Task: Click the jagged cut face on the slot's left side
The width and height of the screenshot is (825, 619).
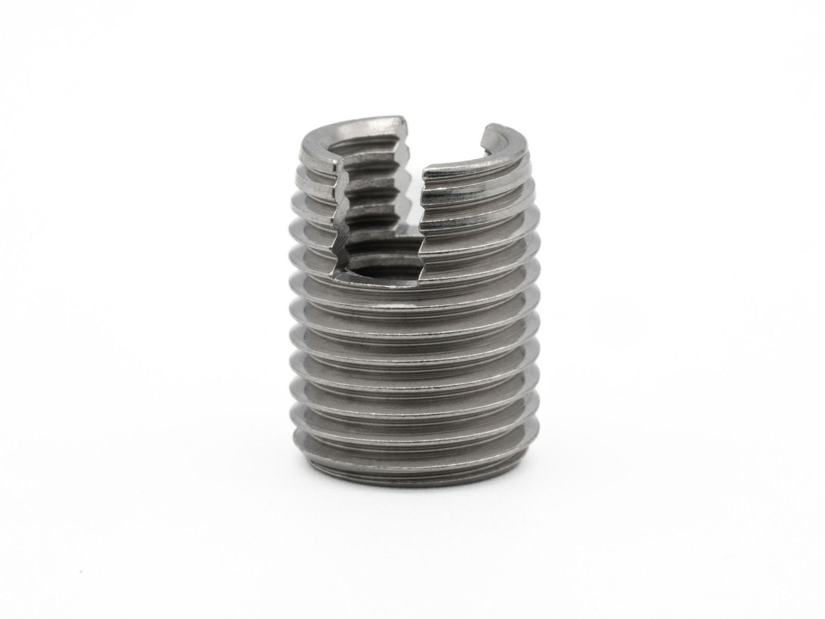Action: point(343,217)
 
